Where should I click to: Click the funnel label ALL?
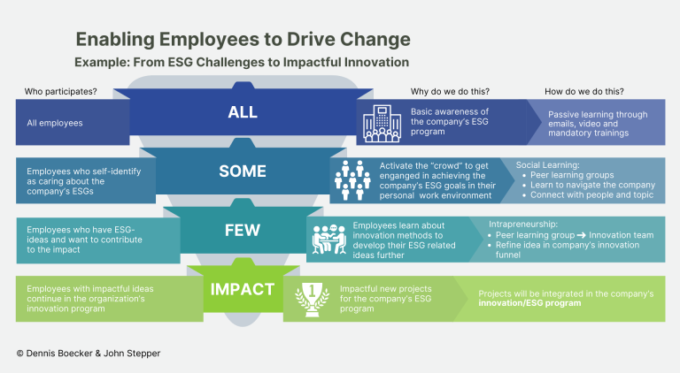point(243,112)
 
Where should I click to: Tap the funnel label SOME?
point(243,171)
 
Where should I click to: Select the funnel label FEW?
point(242,230)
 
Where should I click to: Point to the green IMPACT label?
point(243,289)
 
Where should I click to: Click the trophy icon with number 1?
point(312,299)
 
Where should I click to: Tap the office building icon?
point(382,124)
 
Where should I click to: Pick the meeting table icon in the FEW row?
point(329,240)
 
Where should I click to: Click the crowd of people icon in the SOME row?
point(352,180)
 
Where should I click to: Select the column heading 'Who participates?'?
point(61,91)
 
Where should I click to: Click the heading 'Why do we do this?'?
point(450,91)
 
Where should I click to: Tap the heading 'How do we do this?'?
point(584,91)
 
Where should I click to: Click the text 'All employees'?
point(55,123)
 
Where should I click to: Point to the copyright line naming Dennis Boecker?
point(89,353)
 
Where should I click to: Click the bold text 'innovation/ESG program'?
point(529,303)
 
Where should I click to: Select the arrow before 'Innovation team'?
point(581,235)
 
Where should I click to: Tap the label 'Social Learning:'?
point(547,165)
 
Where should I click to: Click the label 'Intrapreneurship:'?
point(523,225)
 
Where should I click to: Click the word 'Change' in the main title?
point(375,39)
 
